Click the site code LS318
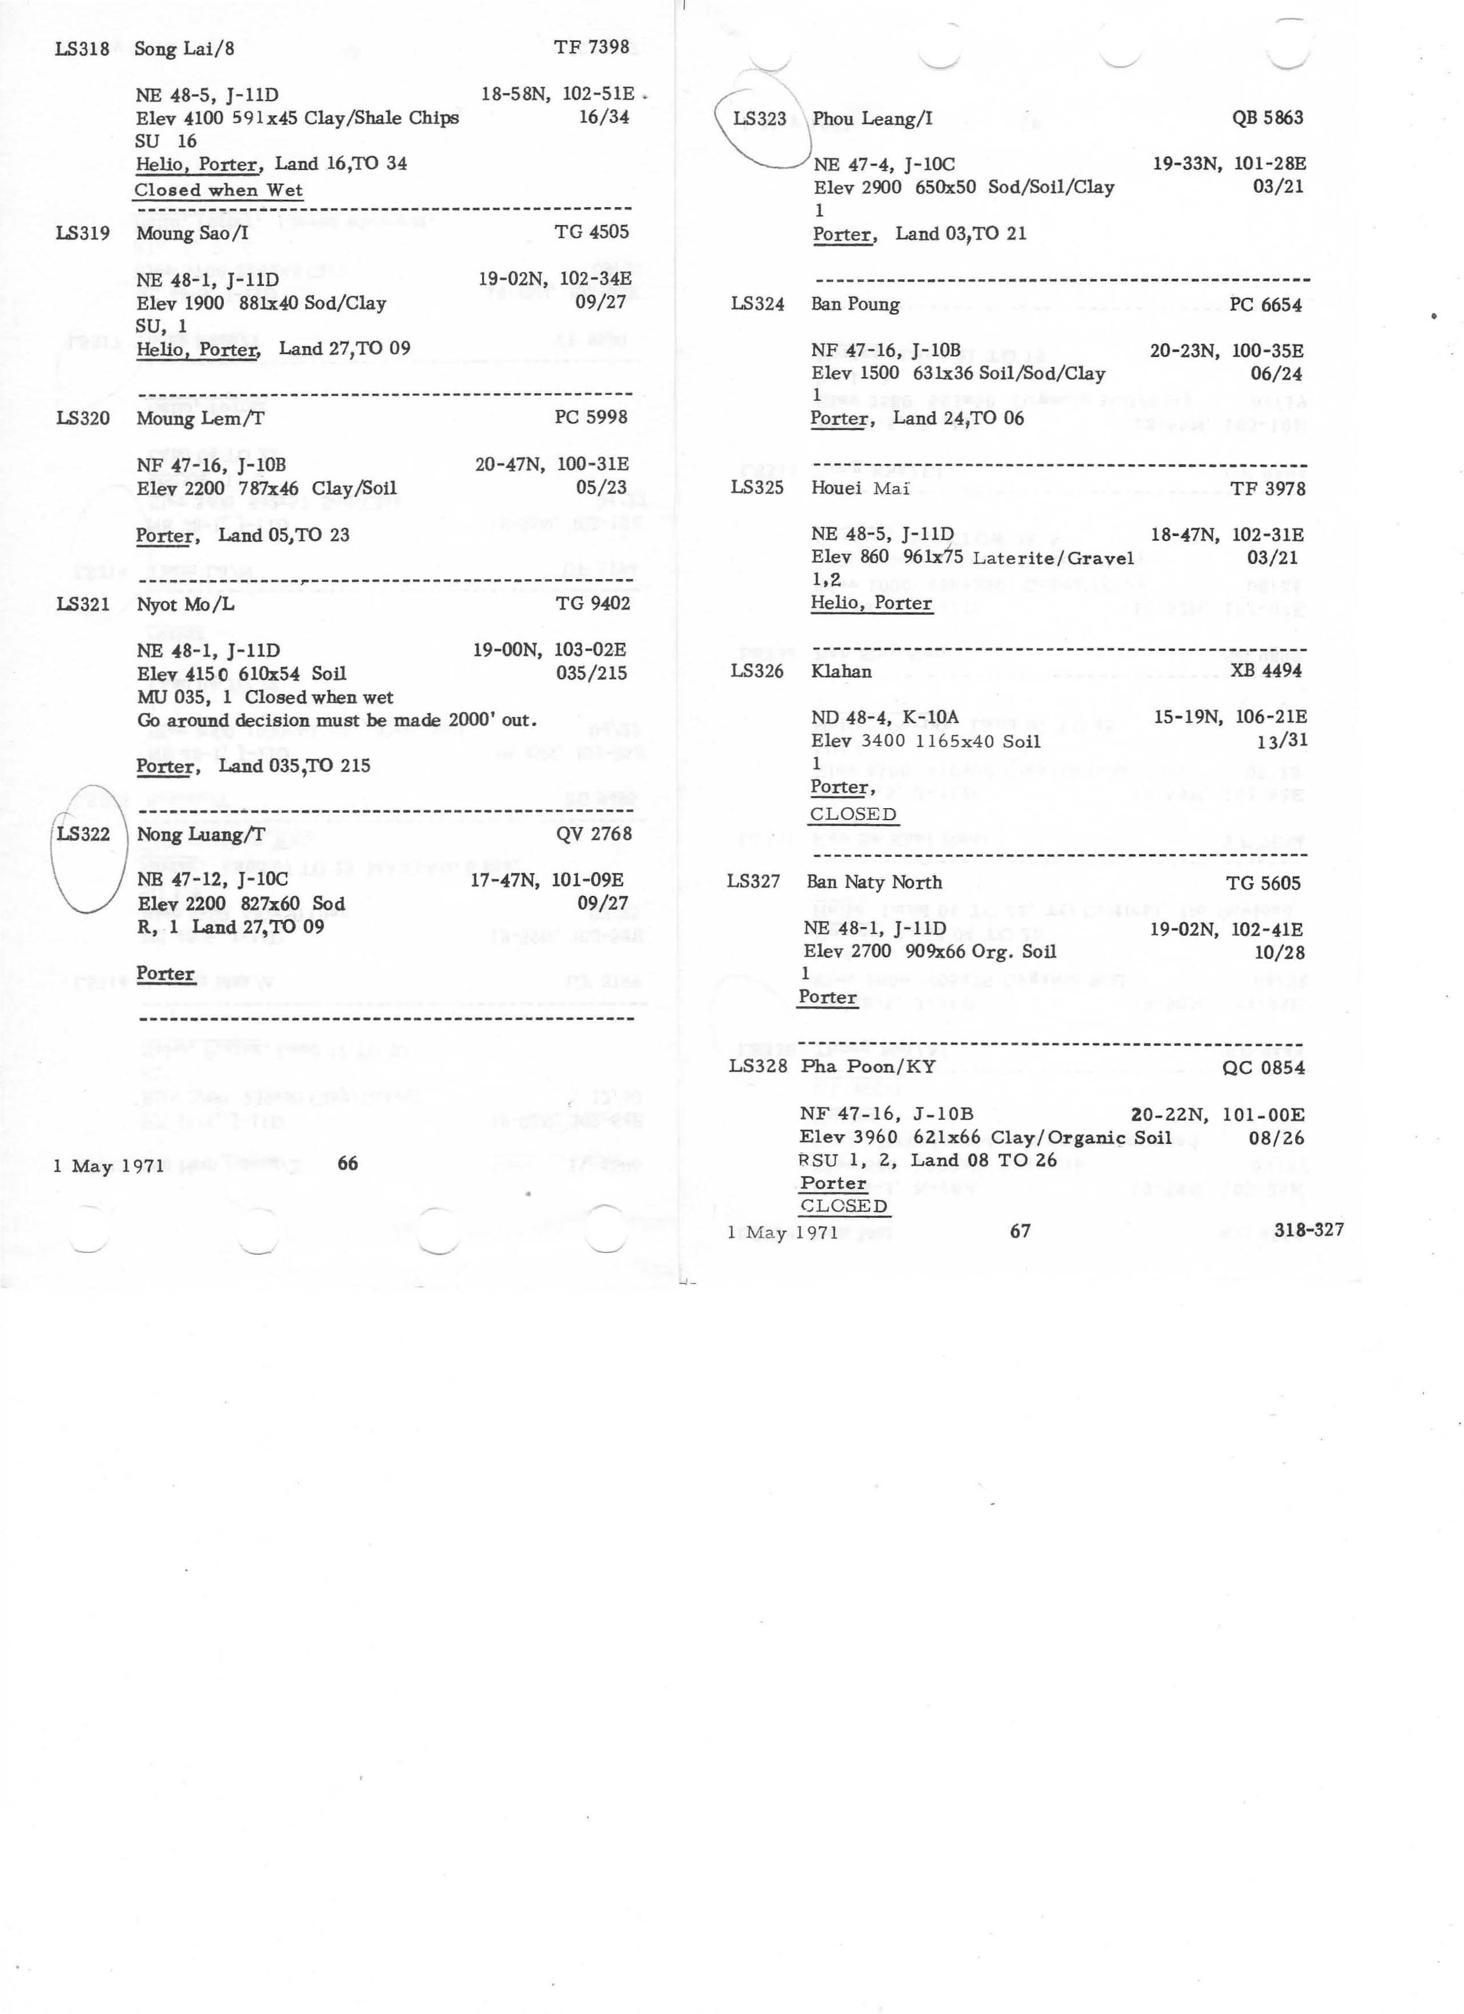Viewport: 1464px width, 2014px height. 82,48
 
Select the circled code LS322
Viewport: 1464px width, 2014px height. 83,834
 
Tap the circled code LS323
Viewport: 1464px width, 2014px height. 760,118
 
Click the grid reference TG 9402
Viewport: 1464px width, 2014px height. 592,604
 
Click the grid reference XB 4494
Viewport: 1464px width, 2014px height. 1266,670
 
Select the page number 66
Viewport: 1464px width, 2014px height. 347,1163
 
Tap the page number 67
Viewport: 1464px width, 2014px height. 1020,1231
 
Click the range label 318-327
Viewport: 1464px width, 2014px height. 1308,1230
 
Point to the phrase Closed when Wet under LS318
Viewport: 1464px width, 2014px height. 219,190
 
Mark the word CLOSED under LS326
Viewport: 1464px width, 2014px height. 853,814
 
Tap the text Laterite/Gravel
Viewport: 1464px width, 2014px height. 1053,558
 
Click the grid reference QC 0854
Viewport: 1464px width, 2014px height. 1263,1068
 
